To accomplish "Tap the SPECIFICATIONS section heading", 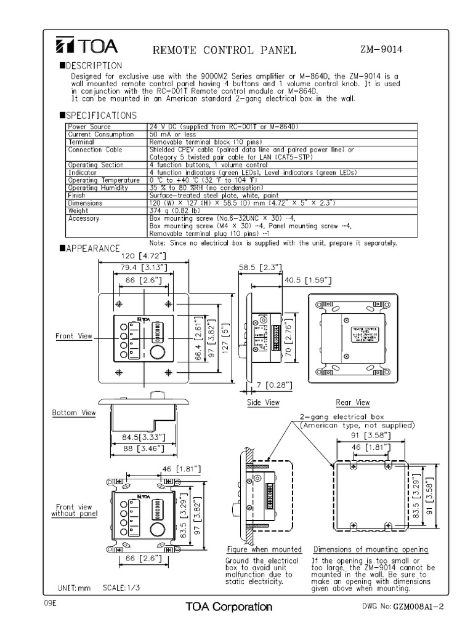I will pos(98,115).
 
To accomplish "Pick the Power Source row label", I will pos(89,127).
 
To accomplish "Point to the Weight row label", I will pos(78,210).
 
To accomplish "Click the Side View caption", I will pos(263,402).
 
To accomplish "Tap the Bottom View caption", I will pos(73,413).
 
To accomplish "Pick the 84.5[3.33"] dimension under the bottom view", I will pos(139,439).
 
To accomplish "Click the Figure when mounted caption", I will pos(264,549).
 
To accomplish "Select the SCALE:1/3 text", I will pos(121,588).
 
